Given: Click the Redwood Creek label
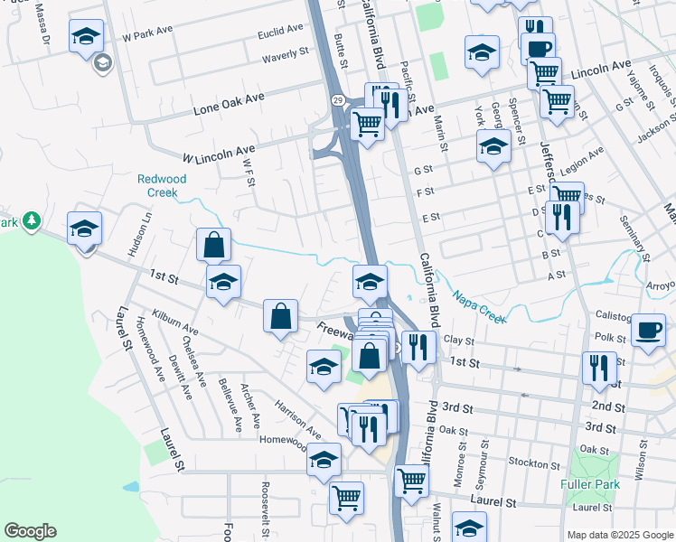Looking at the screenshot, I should [x=162, y=185].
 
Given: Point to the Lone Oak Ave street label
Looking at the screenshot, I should [x=229, y=103].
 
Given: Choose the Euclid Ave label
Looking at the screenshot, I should [x=280, y=31].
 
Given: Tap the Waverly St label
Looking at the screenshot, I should [x=286, y=56].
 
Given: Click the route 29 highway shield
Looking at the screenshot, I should [x=335, y=97].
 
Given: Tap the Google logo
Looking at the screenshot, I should [x=30, y=531].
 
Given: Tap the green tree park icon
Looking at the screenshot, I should [x=32, y=220].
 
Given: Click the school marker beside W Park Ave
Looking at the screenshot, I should [x=87, y=36].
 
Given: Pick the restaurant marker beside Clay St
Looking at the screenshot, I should [x=418, y=346].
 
